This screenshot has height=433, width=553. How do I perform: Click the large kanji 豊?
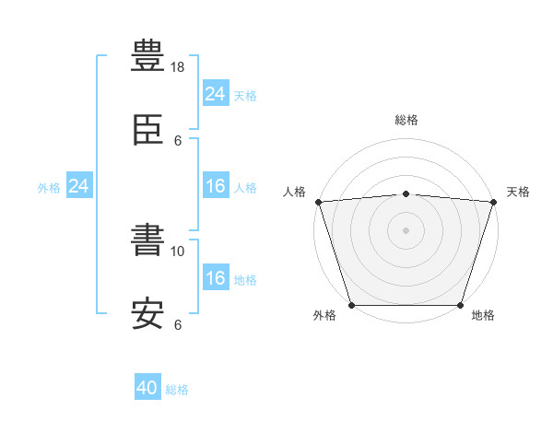(x=147, y=55)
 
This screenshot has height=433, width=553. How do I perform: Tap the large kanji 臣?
(x=147, y=130)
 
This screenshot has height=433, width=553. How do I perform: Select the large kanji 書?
(x=147, y=240)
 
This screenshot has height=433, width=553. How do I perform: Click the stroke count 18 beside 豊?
(x=177, y=67)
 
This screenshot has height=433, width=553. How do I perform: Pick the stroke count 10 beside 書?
(x=177, y=252)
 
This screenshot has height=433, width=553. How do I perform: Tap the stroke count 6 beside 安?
(x=178, y=324)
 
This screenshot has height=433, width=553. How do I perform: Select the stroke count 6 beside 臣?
(x=178, y=141)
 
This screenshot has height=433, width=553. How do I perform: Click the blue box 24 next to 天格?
(x=216, y=93)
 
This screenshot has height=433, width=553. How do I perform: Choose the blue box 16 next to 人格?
(x=216, y=185)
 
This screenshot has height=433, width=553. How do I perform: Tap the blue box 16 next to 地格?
(x=216, y=276)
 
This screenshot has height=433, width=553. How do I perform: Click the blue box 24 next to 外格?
(x=79, y=185)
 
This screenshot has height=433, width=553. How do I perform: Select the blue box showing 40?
(x=147, y=386)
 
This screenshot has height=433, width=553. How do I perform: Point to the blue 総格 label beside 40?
(x=177, y=390)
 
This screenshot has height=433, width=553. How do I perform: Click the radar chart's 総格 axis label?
(x=406, y=120)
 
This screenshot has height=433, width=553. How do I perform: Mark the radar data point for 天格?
(x=494, y=202)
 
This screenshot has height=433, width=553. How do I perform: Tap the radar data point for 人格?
(x=319, y=202)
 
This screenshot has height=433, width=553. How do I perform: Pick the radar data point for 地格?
(x=460, y=305)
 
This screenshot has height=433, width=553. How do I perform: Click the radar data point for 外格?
(x=352, y=305)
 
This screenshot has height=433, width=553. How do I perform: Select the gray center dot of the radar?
(x=406, y=230)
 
